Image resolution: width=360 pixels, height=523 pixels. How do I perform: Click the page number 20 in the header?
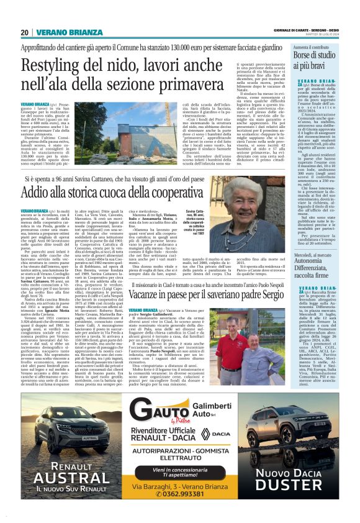coord(24,32)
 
